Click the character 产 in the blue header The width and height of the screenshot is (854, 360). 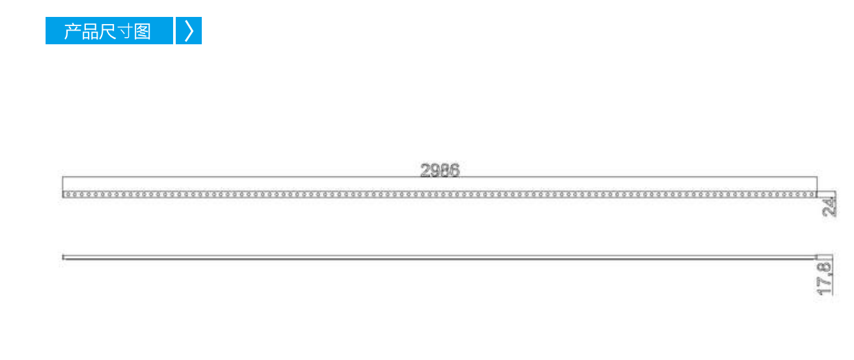point(72,31)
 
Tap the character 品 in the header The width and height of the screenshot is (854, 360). point(90,31)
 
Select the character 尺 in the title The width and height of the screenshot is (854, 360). point(107,31)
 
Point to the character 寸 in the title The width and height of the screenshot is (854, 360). point(125,31)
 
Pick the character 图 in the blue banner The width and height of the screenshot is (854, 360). point(143,31)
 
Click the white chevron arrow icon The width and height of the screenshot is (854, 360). point(189,31)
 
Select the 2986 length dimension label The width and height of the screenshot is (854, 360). point(440,170)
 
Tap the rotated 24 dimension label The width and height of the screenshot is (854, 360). point(830,207)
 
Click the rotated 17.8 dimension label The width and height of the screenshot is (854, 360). point(824,279)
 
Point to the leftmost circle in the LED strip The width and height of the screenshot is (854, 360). point(66,195)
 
